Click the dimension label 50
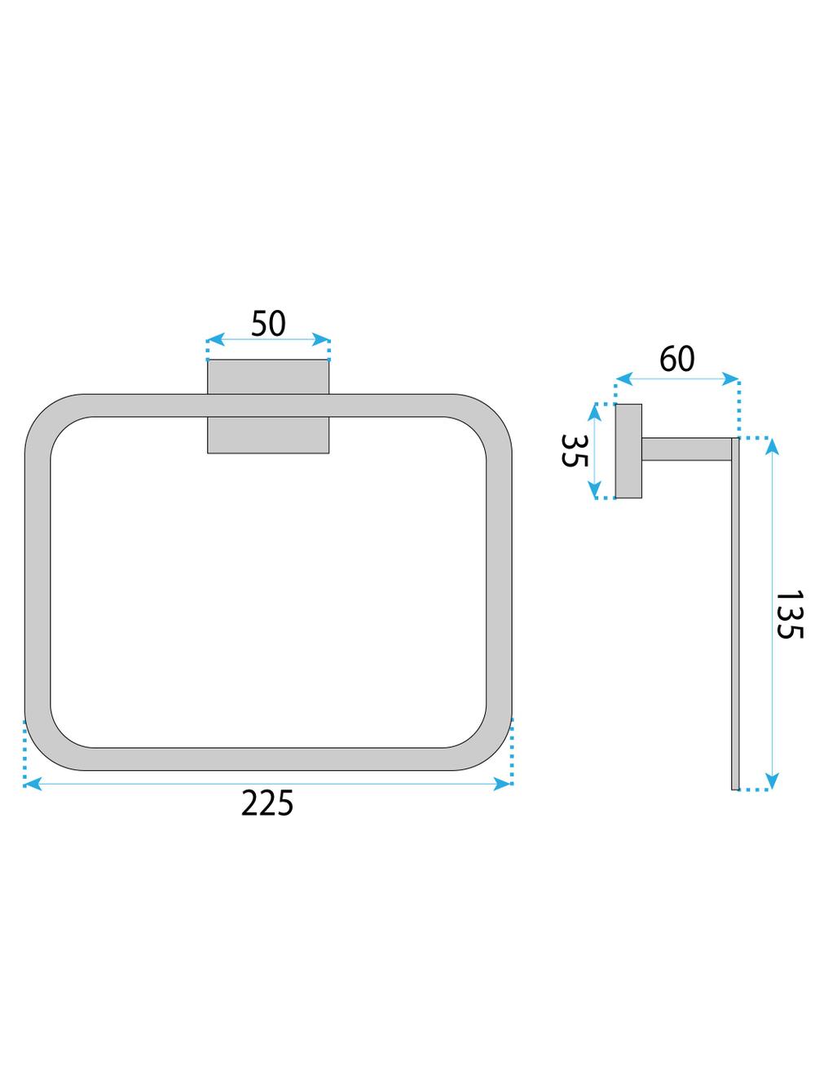coord(268,324)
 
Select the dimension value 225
coord(267,804)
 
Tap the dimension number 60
coord(676,359)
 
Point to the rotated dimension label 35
coord(575,449)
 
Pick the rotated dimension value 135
coord(790,614)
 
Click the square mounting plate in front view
coord(268,406)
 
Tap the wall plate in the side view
coord(628,450)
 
